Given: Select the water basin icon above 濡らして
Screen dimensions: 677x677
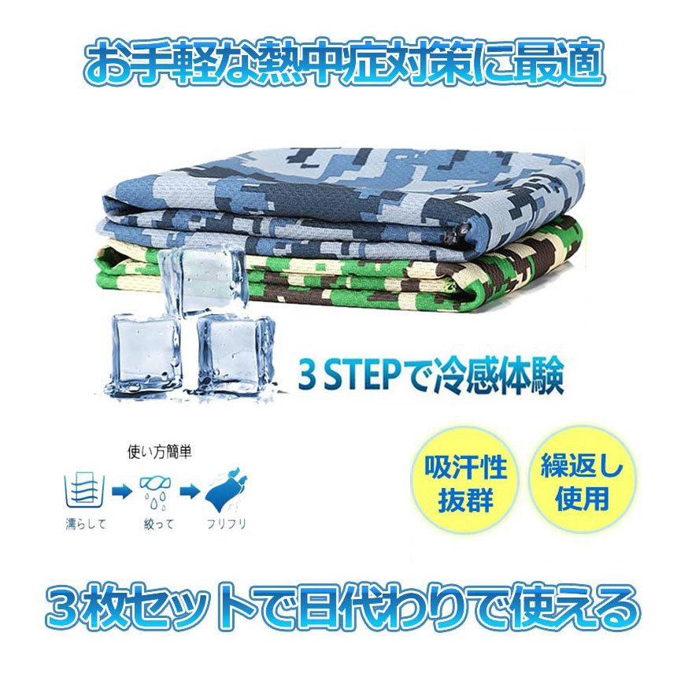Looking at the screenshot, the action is [x=85, y=491].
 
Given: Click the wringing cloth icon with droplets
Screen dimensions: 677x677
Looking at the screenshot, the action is [x=155, y=493].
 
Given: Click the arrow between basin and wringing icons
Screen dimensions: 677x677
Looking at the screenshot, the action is [x=121, y=492].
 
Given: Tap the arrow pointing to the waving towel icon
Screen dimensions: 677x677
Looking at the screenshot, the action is [x=190, y=492].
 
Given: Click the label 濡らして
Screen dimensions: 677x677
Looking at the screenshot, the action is [x=86, y=524].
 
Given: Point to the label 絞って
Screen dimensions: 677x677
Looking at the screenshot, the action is [x=158, y=524].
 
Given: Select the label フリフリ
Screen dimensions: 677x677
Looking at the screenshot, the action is [x=227, y=524].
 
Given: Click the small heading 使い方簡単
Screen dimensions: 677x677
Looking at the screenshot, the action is [x=159, y=452].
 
